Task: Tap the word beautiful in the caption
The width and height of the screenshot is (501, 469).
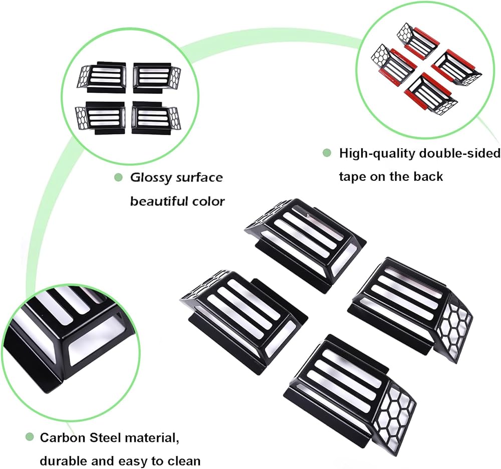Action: [158, 201]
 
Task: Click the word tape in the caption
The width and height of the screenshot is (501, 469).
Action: [353, 177]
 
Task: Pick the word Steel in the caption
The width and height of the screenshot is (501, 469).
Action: [105, 437]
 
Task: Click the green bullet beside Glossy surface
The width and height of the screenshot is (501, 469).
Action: [119, 177]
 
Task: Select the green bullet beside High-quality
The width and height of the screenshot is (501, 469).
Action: [327, 153]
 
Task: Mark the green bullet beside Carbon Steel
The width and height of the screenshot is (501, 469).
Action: [30, 436]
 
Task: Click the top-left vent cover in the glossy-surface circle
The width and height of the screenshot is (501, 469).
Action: [102, 76]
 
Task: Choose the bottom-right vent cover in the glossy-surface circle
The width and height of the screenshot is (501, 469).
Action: [156, 117]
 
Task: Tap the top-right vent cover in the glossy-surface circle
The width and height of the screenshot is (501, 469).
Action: [157, 77]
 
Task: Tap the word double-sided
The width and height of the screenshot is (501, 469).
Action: [459, 154]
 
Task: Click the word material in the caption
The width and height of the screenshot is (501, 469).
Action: [150, 438]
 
